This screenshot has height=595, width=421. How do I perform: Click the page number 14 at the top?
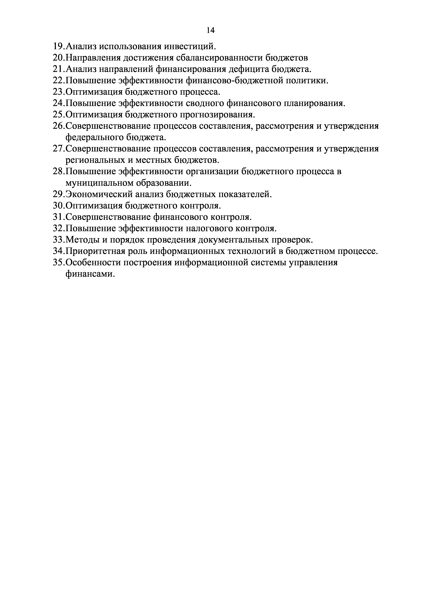(210, 31)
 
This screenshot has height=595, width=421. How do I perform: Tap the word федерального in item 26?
(94, 138)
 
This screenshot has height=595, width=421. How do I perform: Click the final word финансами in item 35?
(90, 274)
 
